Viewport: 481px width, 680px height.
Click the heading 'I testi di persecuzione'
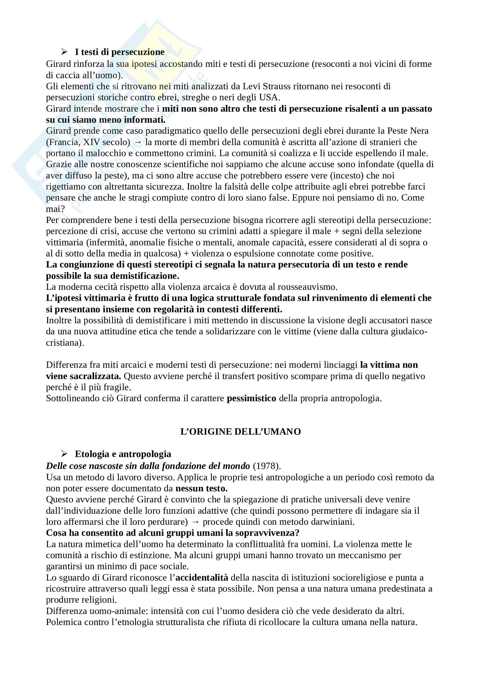(x=119, y=52)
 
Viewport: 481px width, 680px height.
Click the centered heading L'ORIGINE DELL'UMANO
(x=240, y=431)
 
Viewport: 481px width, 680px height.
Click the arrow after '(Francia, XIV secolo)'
(x=138, y=142)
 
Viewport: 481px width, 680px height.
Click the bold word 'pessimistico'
(x=251, y=398)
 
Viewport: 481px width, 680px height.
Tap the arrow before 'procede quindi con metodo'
(x=195, y=522)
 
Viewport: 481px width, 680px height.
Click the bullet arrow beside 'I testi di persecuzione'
(x=64, y=52)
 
